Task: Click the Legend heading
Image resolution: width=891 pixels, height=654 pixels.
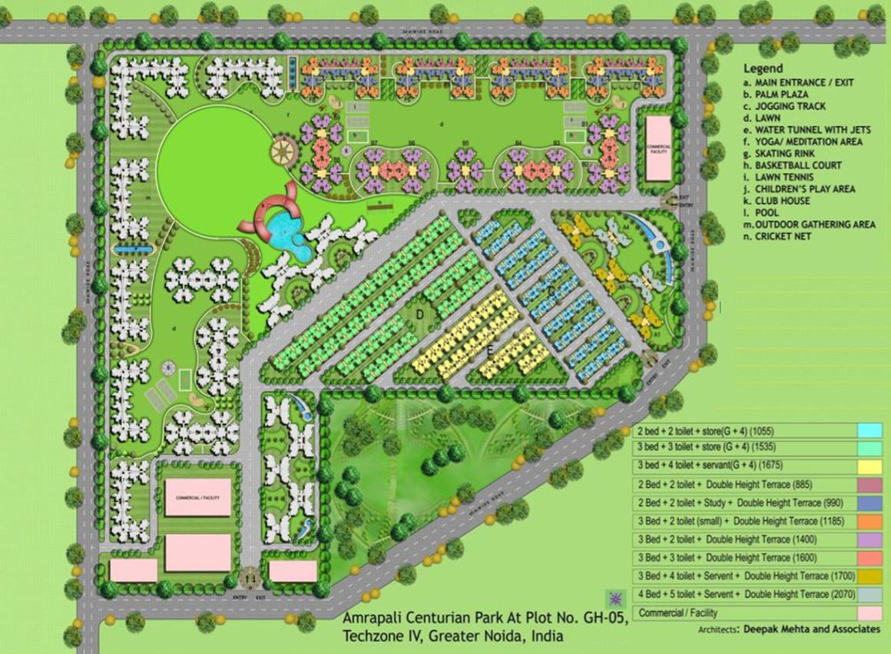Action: pos(763,68)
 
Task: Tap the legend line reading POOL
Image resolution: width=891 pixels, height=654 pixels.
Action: pos(767,212)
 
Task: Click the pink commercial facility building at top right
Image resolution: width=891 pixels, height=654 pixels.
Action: pos(657,148)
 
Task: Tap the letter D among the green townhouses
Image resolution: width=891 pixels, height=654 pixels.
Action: pos(421,314)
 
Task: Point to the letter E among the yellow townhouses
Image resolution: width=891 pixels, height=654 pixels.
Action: pos(489,350)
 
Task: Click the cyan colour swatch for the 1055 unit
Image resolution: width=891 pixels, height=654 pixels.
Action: pos(869,430)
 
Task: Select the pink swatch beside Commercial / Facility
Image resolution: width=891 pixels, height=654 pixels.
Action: pos(869,613)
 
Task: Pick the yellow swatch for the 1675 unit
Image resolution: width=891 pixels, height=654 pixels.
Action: pos(869,466)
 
